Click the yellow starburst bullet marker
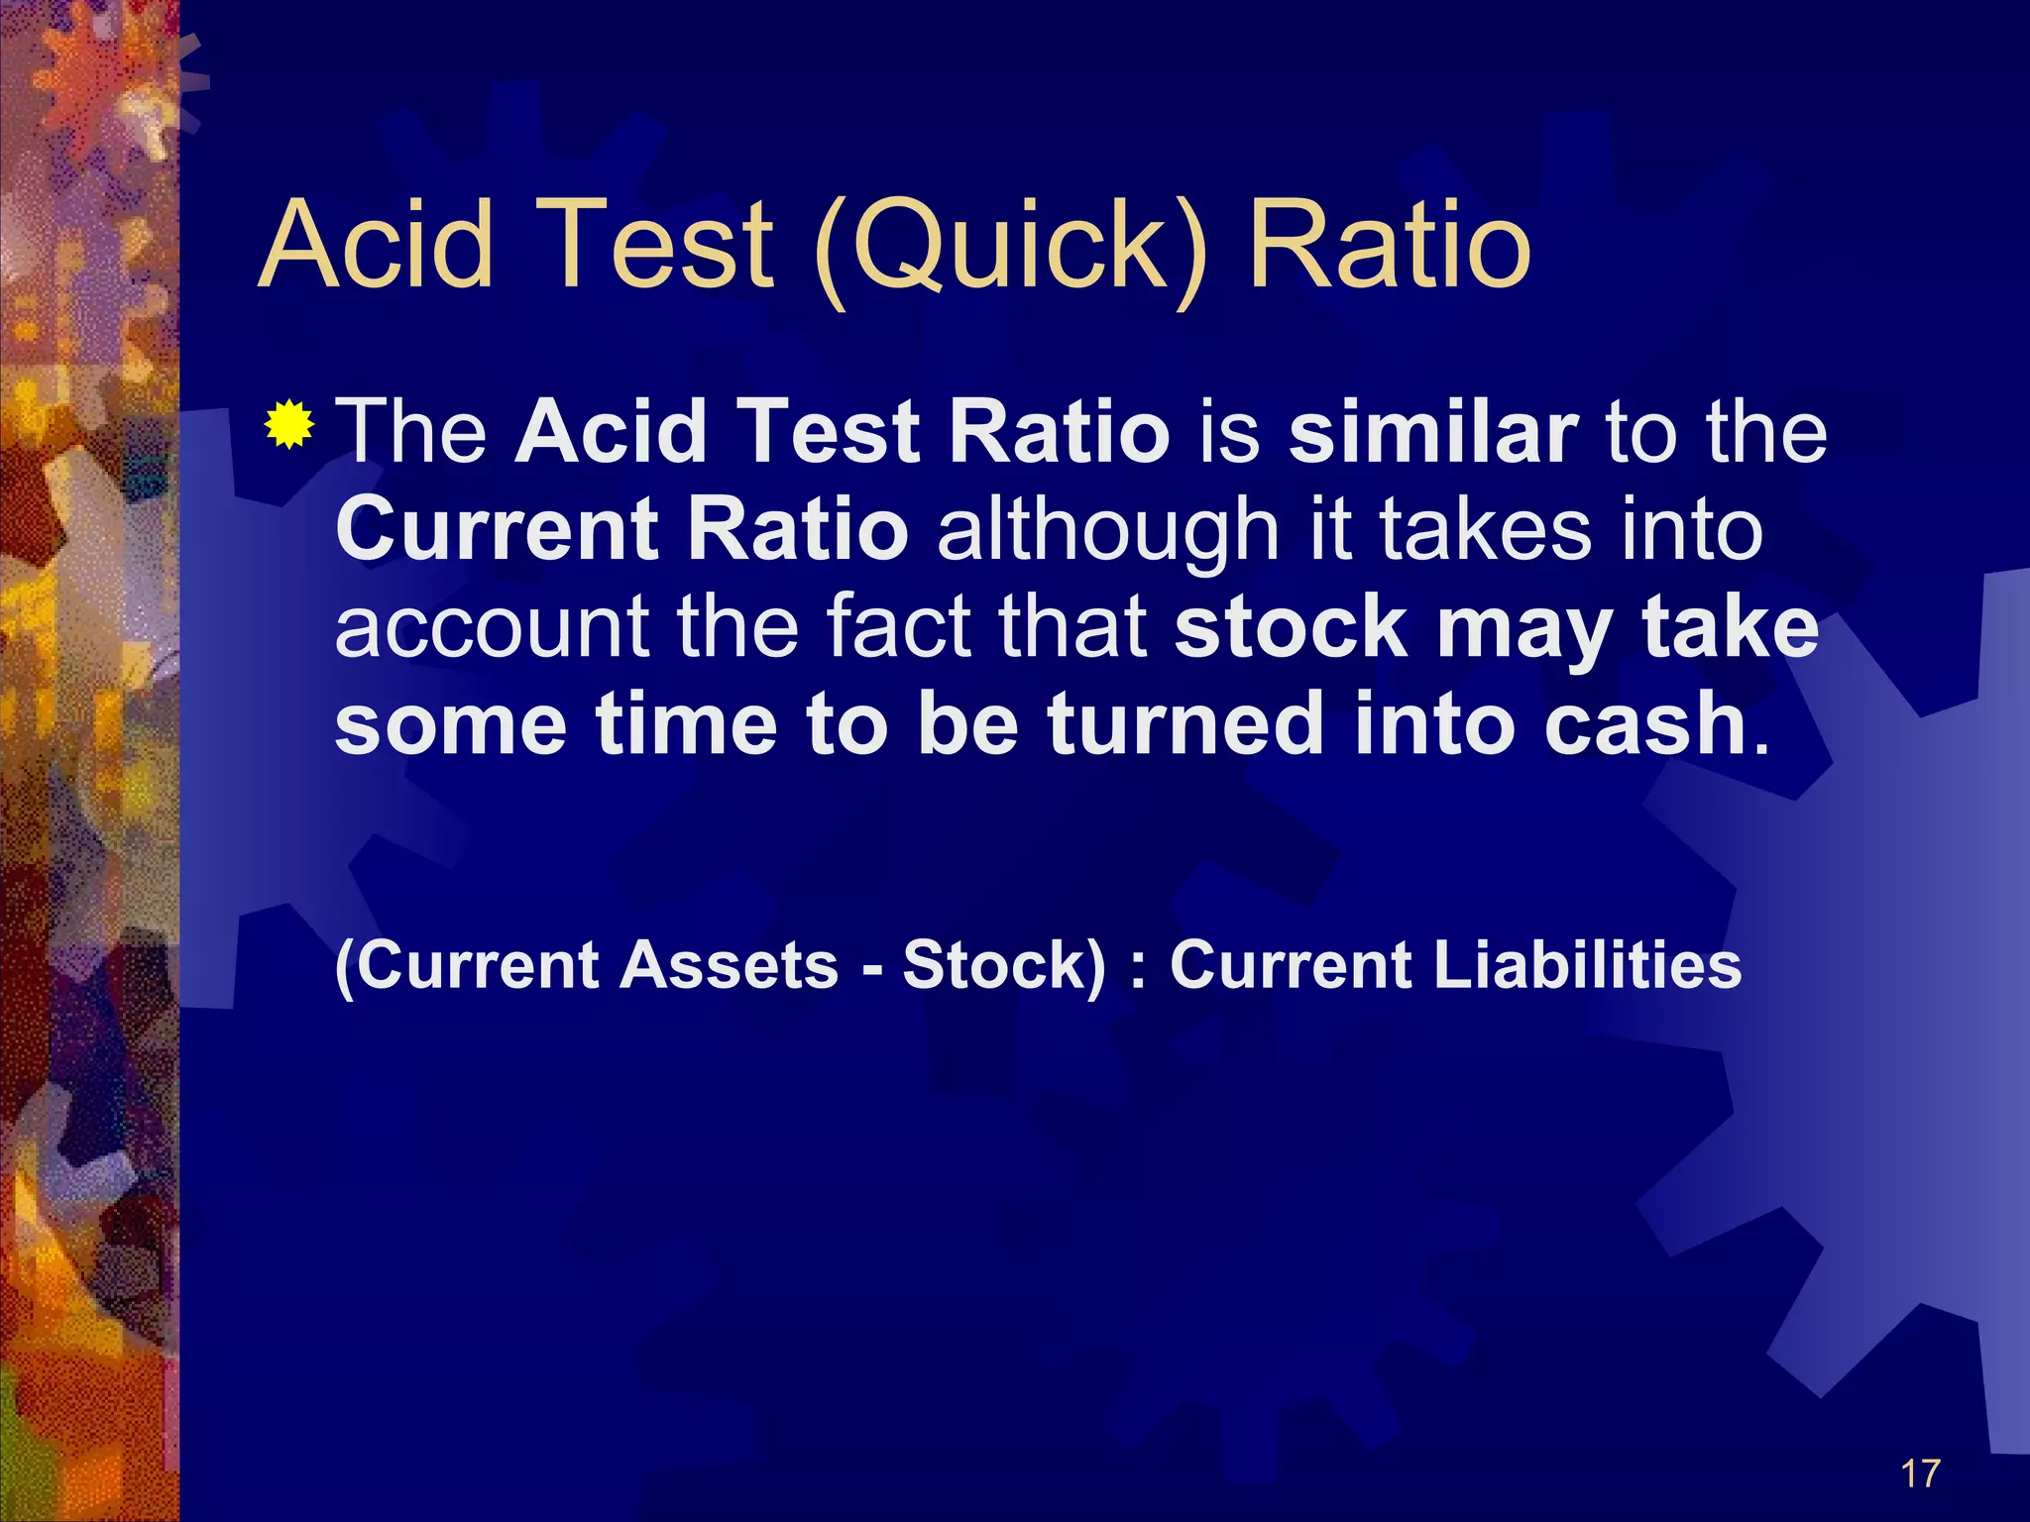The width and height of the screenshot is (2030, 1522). point(289,425)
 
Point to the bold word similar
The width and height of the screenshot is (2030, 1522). point(1432,432)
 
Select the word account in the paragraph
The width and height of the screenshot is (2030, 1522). point(492,628)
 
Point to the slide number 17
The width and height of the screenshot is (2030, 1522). point(1920,1473)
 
